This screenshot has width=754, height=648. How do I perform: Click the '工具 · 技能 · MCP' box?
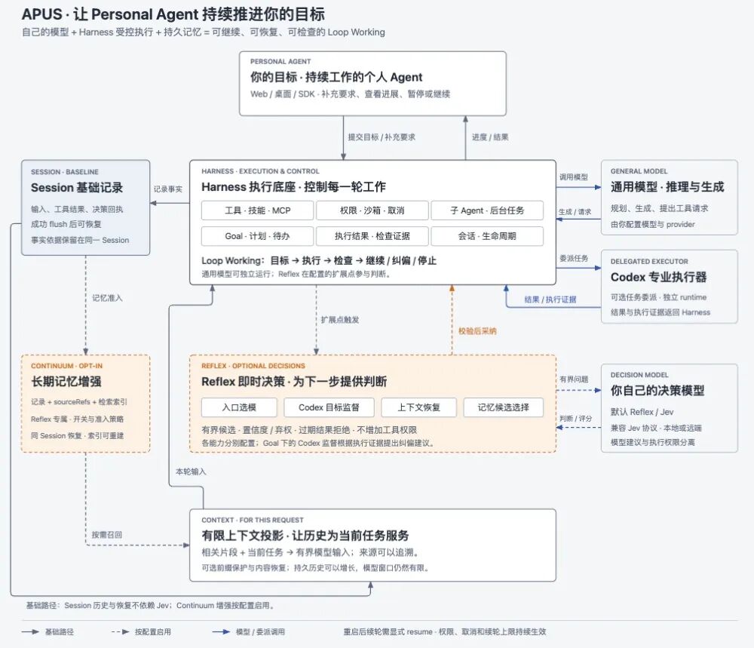click(x=257, y=210)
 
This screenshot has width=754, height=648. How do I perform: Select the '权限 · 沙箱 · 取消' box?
click(x=372, y=210)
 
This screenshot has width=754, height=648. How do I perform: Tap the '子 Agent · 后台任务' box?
click(x=487, y=210)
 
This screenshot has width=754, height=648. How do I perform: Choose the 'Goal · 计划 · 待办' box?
click(x=257, y=236)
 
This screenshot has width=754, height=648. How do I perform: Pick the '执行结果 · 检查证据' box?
click(x=372, y=236)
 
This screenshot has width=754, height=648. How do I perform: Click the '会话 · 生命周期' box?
click(x=487, y=236)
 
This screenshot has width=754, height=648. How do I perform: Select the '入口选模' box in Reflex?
click(x=239, y=407)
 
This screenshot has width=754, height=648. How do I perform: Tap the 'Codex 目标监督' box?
click(x=329, y=407)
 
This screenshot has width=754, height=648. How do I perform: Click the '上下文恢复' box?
click(x=418, y=407)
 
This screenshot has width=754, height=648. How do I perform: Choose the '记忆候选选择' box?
click(x=504, y=407)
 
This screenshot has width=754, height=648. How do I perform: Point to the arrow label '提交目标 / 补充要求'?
click(x=382, y=137)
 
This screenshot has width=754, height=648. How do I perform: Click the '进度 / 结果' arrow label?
click(x=490, y=137)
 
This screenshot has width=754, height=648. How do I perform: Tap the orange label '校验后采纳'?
click(x=477, y=331)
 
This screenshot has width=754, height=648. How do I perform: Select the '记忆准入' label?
click(x=107, y=298)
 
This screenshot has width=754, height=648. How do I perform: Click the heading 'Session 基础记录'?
click(x=77, y=188)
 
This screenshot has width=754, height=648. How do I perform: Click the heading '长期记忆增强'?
click(x=66, y=382)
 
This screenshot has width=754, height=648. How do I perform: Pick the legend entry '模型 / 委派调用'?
click(x=260, y=631)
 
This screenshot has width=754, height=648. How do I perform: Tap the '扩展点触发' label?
click(x=340, y=319)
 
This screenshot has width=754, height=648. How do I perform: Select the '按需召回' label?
click(x=107, y=534)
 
